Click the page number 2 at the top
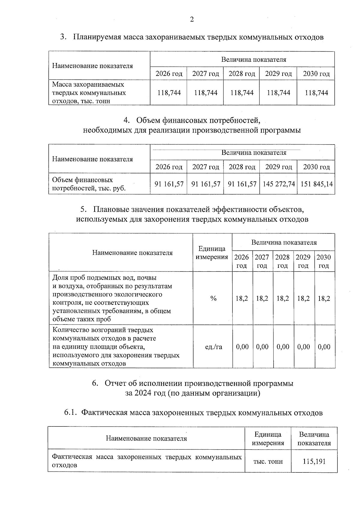tap(192, 19)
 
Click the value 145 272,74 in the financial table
tap(279, 184)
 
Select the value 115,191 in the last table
tap(314, 461)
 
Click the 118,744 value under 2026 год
tap(169, 93)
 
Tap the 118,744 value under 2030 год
tap(316, 93)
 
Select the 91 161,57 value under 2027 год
tap(205, 184)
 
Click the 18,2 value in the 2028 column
tap(283, 298)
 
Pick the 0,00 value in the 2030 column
tap(324, 347)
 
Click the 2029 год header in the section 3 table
tap(278, 74)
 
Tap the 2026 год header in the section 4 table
tap(169, 167)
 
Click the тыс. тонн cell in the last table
tap(268, 462)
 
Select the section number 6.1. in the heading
tap(71, 413)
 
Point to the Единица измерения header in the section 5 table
tap(212, 253)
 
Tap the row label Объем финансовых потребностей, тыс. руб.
tap(89, 184)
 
